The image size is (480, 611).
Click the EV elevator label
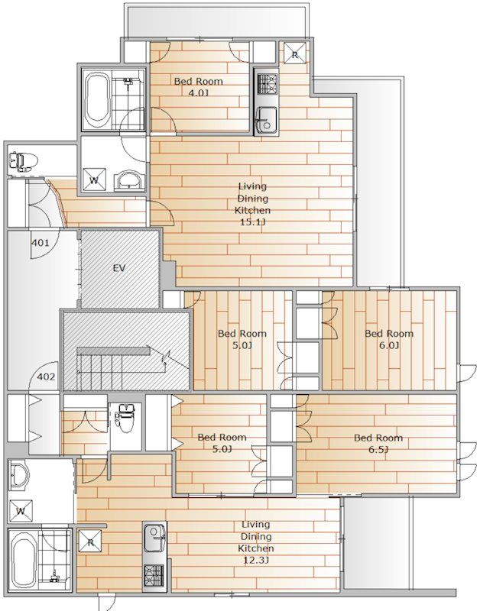click(x=119, y=268)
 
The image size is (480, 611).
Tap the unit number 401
click(x=41, y=243)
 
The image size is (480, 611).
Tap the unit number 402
click(x=46, y=377)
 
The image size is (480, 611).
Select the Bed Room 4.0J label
click(x=198, y=87)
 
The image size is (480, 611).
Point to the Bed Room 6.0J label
click(x=389, y=339)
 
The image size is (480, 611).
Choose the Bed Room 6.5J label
click(x=378, y=444)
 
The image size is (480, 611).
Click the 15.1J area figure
click(x=252, y=222)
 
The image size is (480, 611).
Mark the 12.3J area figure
click(x=256, y=561)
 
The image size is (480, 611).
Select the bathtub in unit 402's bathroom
click(x=24, y=559)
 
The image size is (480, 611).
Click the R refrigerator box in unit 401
click(x=294, y=54)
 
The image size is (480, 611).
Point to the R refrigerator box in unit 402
click(x=90, y=541)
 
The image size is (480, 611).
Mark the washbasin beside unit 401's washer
click(x=129, y=180)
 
